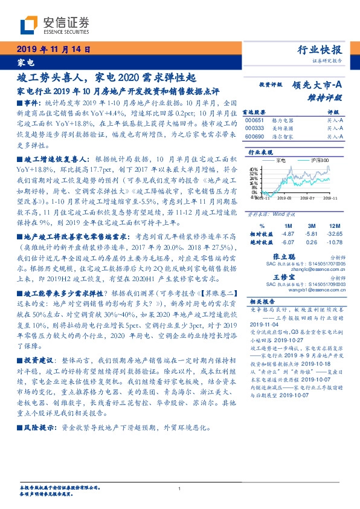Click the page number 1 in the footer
click(180, 489)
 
